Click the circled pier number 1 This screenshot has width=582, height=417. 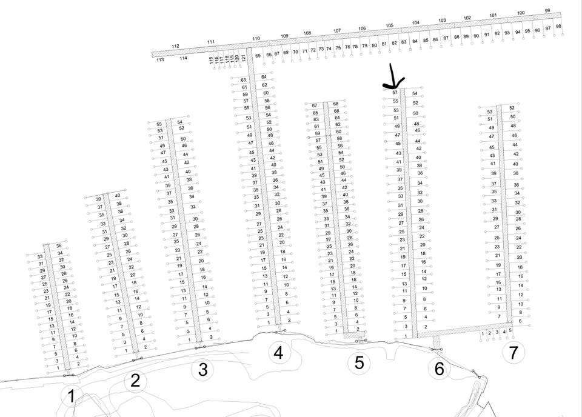72,397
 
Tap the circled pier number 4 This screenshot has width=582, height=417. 278,352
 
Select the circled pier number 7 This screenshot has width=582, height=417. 513,352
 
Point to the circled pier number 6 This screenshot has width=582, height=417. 439,369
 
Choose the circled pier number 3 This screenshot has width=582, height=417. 202,370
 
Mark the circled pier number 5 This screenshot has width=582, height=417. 359,363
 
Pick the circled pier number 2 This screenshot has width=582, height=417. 135,381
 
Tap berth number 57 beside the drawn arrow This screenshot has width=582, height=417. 395,92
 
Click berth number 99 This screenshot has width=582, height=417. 548,11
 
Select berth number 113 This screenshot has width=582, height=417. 160,60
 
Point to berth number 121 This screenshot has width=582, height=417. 244,58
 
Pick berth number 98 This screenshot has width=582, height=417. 558,26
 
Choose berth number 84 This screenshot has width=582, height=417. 415,42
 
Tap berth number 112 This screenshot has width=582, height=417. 176,46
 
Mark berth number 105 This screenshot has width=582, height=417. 389,25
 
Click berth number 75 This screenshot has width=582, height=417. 338,48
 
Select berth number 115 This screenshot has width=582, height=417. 211,60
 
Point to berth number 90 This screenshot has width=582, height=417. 477,36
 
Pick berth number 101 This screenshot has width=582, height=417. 493,15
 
